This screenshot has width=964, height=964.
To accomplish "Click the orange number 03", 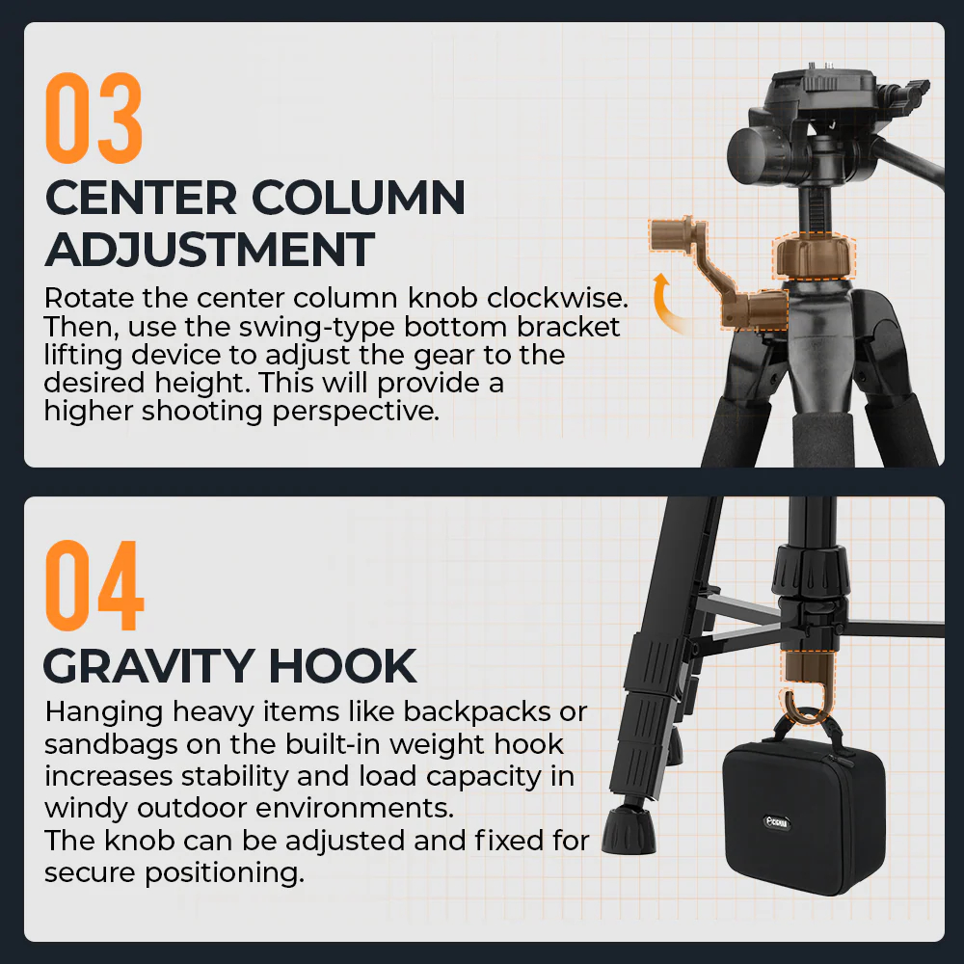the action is [x=94, y=118].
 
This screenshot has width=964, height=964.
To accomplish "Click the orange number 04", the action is [x=94, y=585].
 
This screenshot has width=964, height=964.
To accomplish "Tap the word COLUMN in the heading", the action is [x=358, y=198].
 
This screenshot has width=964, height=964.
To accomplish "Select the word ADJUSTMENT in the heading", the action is [x=209, y=250].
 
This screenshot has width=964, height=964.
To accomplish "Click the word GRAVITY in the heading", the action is [x=148, y=666].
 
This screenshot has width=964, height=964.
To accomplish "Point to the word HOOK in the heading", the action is [x=342, y=666].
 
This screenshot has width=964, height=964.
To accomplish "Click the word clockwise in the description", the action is [x=557, y=298].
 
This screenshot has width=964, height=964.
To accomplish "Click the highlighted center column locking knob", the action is [x=814, y=256].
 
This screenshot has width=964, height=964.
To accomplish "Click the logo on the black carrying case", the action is [x=777, y=822].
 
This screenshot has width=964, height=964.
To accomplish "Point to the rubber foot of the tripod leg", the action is [x=629, y=830].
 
